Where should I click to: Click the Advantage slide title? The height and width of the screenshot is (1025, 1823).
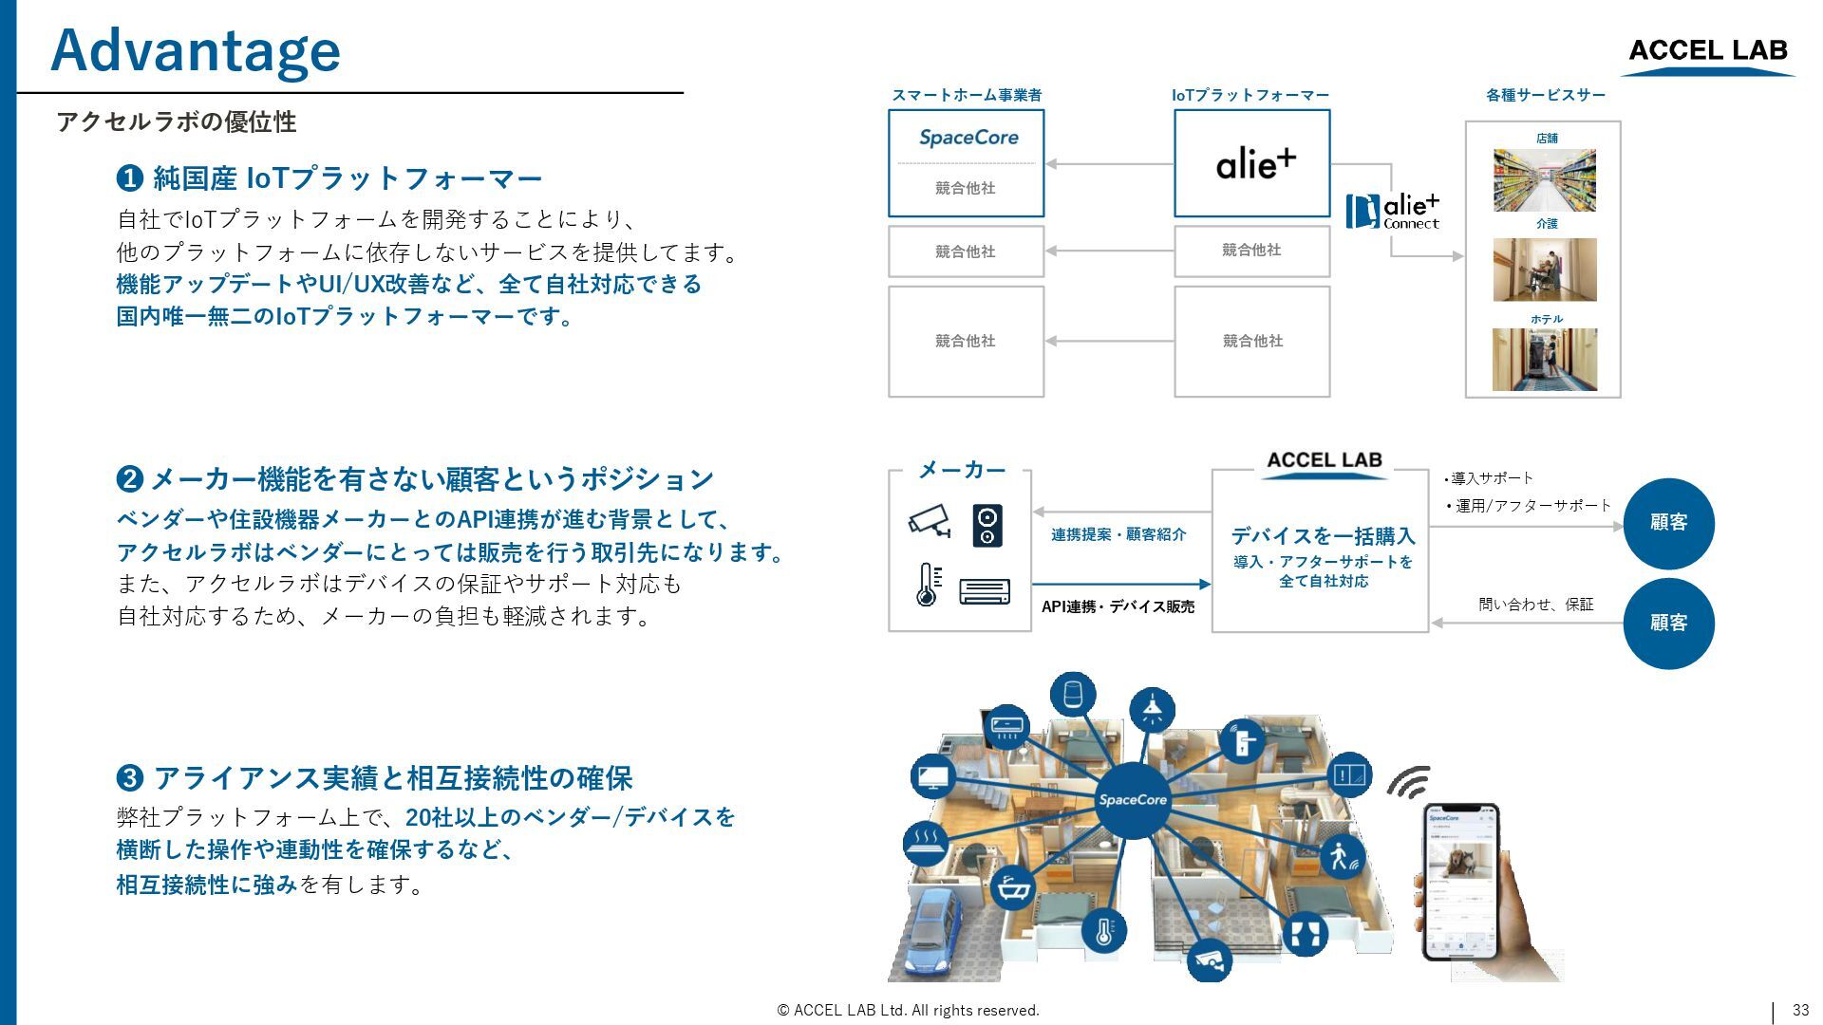195,50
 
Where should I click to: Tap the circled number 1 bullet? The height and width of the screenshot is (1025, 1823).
129,178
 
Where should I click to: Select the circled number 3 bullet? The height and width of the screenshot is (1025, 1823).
129,778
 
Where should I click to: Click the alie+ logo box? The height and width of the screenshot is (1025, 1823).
1251,163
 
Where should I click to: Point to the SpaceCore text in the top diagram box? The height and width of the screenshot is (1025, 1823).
968,138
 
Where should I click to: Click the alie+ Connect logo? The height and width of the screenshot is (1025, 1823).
1393,211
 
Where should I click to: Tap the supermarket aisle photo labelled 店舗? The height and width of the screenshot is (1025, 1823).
1544,180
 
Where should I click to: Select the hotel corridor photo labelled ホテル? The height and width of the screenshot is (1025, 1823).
1544,360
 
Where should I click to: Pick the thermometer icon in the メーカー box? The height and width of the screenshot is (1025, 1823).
928,585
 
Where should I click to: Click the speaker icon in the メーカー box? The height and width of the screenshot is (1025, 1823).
987,525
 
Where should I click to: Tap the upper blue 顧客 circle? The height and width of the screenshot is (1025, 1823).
1668,523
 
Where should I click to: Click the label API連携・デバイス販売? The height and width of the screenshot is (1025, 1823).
1118,606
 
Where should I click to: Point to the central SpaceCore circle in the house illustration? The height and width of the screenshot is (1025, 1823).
1132,800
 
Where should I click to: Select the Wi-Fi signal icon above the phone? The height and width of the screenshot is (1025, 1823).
1410,782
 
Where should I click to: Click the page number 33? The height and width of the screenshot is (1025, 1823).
1800,1010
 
